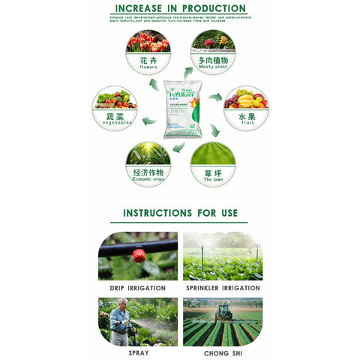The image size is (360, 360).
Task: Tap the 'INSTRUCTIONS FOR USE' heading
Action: pyautogui.click(x=179, y=213)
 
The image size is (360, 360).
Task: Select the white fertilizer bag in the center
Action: pyautogui.click(x=180, y=108)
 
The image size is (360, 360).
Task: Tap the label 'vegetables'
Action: pyautogui.click(x=115, y=122)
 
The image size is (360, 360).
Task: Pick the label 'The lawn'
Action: pyautogui.click(x=212, y=180)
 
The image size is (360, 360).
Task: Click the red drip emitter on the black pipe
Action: pyautogui.click(x=138, y=256)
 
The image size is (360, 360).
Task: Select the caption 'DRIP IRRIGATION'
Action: pyautogui.click(x=138, y=287)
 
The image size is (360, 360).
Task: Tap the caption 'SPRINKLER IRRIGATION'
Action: pyautogui.click(x=222, y=287)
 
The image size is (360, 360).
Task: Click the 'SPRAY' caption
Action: pyautogui.click(x=138, y=352)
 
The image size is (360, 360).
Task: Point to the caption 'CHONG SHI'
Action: pyautogui.click(x=222, y=352)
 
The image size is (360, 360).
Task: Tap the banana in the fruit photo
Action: pyautogui.click(x=245, y=100)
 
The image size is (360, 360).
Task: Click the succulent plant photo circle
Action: pyautogui.click(x=212, y=40)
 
